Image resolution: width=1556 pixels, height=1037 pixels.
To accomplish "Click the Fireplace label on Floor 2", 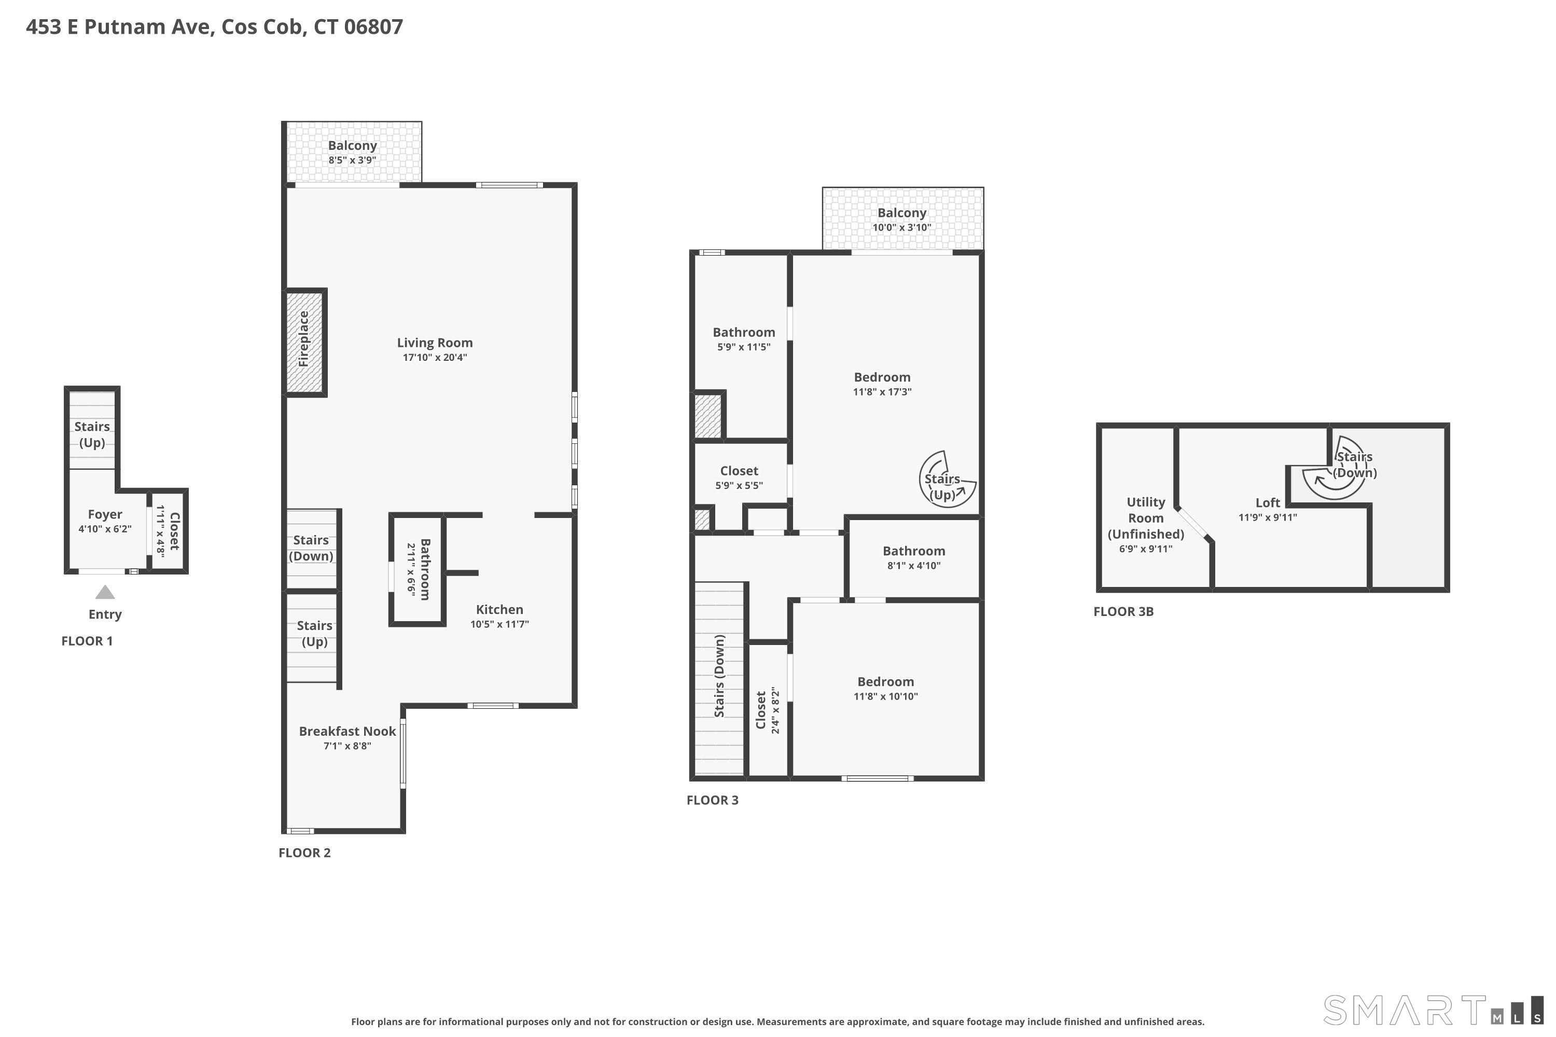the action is pyautogui.click(x=303, y=339).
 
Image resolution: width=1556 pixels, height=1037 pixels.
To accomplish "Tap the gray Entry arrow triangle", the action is pyautogui.click(x=105, y=592).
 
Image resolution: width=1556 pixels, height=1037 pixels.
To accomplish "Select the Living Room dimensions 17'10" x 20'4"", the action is pyautogui.click(x=435, y=358).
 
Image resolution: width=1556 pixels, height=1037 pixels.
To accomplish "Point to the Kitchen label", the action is pyautogui.click(x=499, y=610).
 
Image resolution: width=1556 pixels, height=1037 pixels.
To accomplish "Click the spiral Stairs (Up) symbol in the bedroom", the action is pyautogui.click(x=948, y=480).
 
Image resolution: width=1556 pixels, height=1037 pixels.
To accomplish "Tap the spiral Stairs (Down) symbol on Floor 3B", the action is pyautogui.click(x=1335, y=468).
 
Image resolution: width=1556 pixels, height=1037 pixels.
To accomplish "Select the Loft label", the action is pyautogui.click(x=1268, y=502).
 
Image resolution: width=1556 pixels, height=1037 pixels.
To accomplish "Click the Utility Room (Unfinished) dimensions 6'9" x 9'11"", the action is pyautogui.click(x=1146, y=549).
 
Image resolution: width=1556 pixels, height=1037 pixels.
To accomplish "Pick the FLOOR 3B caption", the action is pyautogui.click(x=1123, y=612).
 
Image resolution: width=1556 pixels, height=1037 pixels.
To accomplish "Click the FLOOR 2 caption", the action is pyautogui.click(x=304, y=853).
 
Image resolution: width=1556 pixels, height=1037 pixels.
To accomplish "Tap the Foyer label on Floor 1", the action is pyautogui.click(x=105, y=514).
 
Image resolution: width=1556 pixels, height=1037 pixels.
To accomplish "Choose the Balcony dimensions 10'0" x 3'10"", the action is pyautogui.click(x=902, y=228).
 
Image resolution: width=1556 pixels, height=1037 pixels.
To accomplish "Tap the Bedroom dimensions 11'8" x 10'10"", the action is pyautogui.click(x=886, y=696).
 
